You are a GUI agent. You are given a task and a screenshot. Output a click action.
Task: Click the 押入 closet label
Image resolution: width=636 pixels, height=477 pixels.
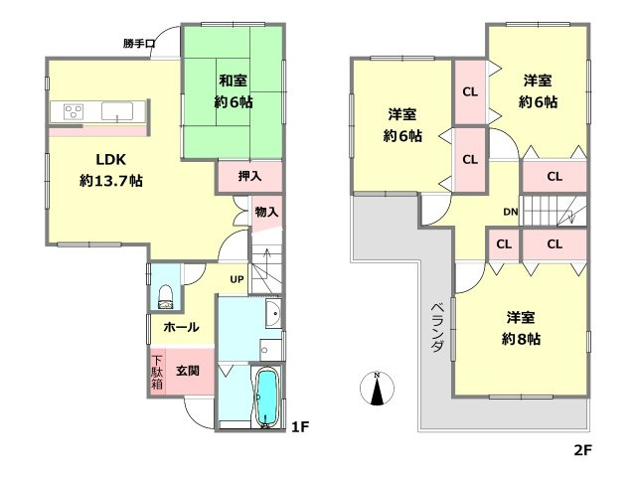coord(249,176)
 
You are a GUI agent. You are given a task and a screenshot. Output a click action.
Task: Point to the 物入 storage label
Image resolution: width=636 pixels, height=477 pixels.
coord(265,211)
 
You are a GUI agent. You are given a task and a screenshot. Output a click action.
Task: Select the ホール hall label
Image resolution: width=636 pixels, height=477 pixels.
coord(180,327)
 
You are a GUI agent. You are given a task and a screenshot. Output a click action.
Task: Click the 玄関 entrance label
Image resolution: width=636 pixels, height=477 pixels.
coord(188,370)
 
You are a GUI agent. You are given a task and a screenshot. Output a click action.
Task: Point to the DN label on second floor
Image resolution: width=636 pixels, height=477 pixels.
coord(511,211)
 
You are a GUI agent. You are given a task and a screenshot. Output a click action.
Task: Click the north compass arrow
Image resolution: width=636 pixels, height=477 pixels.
coord(377,390)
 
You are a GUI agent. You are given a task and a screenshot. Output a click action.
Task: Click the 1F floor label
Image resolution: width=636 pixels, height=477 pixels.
coord(299,428)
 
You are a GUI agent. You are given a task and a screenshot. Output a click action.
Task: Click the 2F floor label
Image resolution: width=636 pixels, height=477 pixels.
coord(582,450)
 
